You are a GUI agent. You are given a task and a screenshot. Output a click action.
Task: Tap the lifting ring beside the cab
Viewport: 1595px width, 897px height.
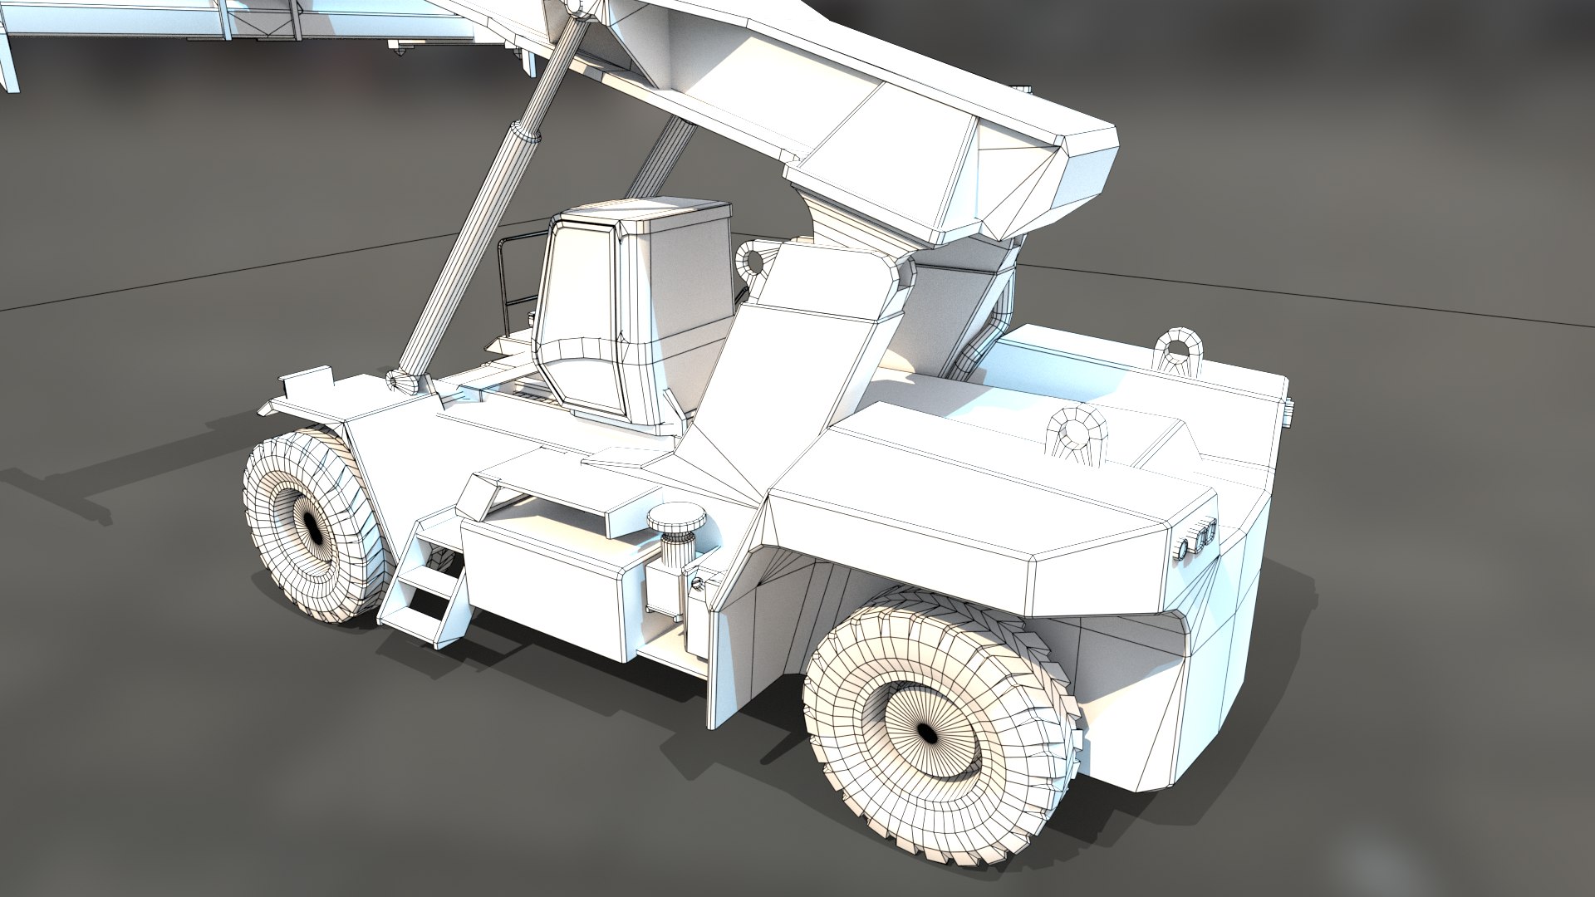coord(753,260)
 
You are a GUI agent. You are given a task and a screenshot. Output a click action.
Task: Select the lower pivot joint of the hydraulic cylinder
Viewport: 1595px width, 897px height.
coord(405,381)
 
